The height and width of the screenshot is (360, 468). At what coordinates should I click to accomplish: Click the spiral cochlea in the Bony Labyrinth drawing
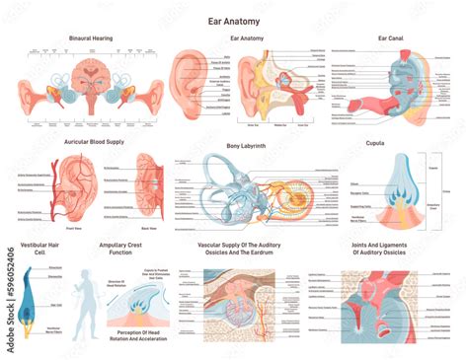pos(297,197)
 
